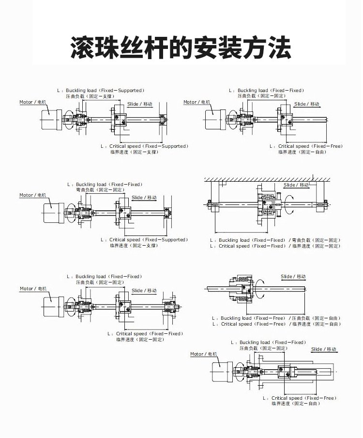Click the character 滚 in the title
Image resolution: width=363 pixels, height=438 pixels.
click(x=86, y=47)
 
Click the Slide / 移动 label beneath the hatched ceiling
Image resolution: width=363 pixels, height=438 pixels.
click(x=296, y=185)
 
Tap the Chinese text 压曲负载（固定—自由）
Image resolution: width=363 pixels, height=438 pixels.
click(x=316, y=318)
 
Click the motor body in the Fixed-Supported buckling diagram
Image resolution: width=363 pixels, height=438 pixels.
click(x=49, y=118)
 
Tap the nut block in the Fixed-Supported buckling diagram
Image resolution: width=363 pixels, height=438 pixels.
click(x=120, y=119)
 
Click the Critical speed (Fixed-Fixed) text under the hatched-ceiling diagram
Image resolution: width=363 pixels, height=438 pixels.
click(x=252, y=246)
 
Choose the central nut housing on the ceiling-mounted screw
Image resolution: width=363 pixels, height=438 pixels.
click(x=268, y=204)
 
